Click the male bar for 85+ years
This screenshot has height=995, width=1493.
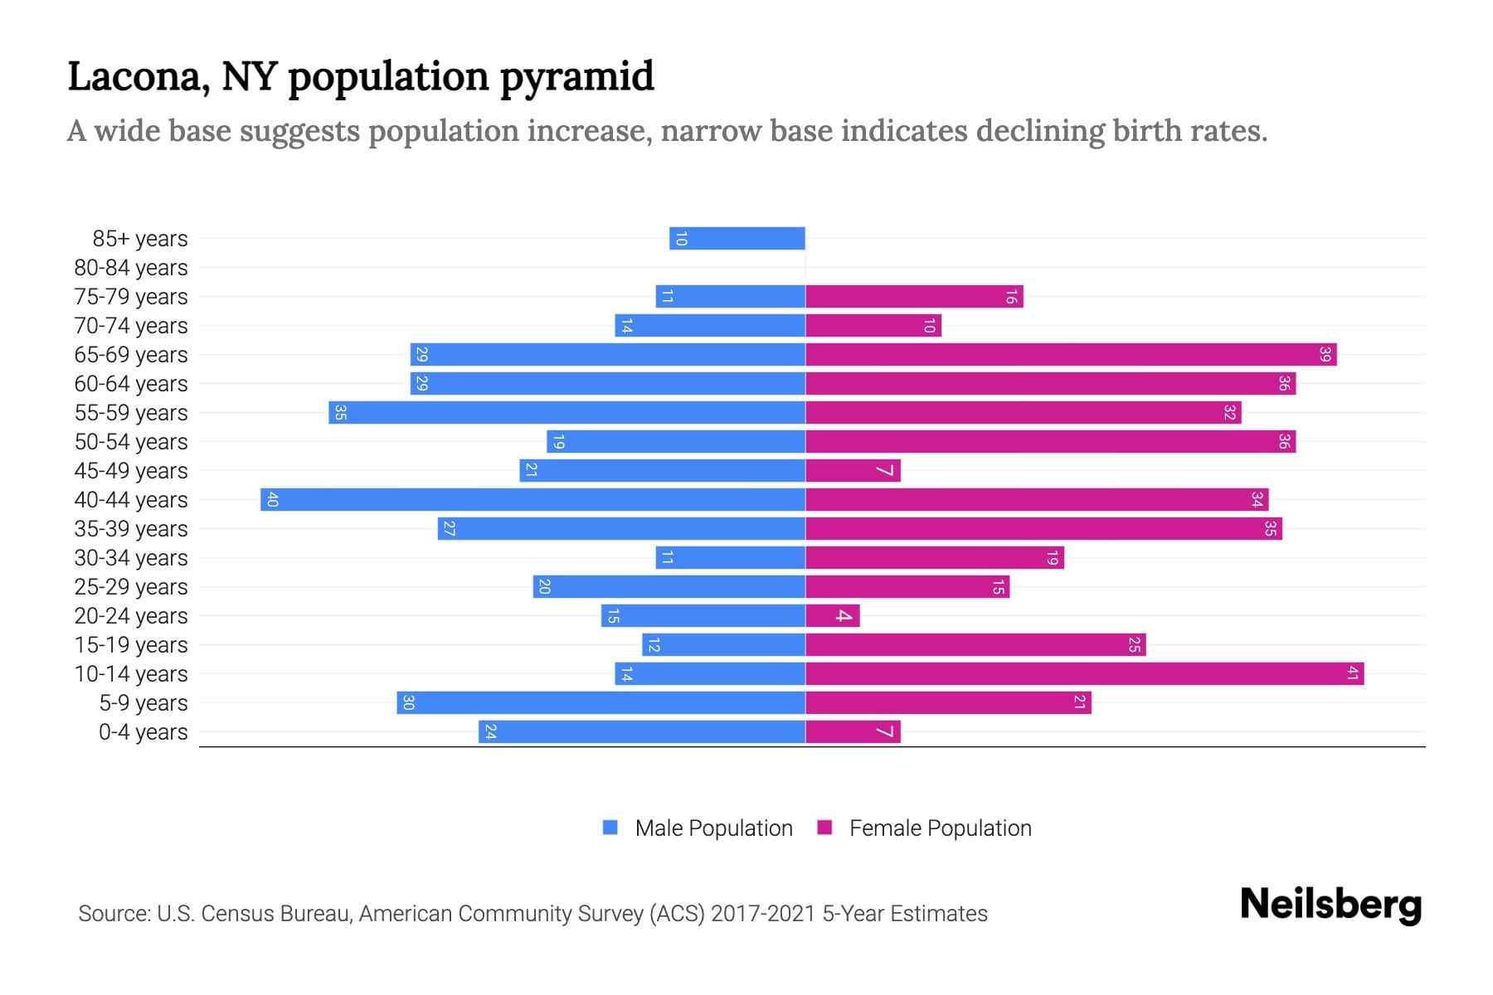click(737, 239)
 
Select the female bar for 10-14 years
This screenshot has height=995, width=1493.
click(1084, 674)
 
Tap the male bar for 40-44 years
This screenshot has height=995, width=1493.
click(533, 500)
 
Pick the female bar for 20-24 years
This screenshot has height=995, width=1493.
click(832, 616)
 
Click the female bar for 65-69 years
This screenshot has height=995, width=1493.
click(1070, 355)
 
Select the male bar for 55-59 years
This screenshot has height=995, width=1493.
click(567, 413)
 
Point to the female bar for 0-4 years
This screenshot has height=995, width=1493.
click(853, 732)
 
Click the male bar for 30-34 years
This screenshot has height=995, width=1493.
click(730, 558)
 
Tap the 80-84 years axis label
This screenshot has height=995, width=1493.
click(131, 268)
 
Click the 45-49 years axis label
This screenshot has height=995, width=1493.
click(131, 471)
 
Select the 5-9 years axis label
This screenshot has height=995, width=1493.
click(143, 703)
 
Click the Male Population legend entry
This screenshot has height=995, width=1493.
click(713, 828)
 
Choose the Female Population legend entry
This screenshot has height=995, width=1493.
click(940, 828)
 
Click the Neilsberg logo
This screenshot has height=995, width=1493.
click(1330, 905)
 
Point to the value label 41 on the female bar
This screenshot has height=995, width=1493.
click(1352, 674)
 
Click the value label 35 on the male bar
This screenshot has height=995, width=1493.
click(340, 413)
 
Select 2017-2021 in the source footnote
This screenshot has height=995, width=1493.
click(762, 914)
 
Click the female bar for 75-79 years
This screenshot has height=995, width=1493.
click(914, 297)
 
